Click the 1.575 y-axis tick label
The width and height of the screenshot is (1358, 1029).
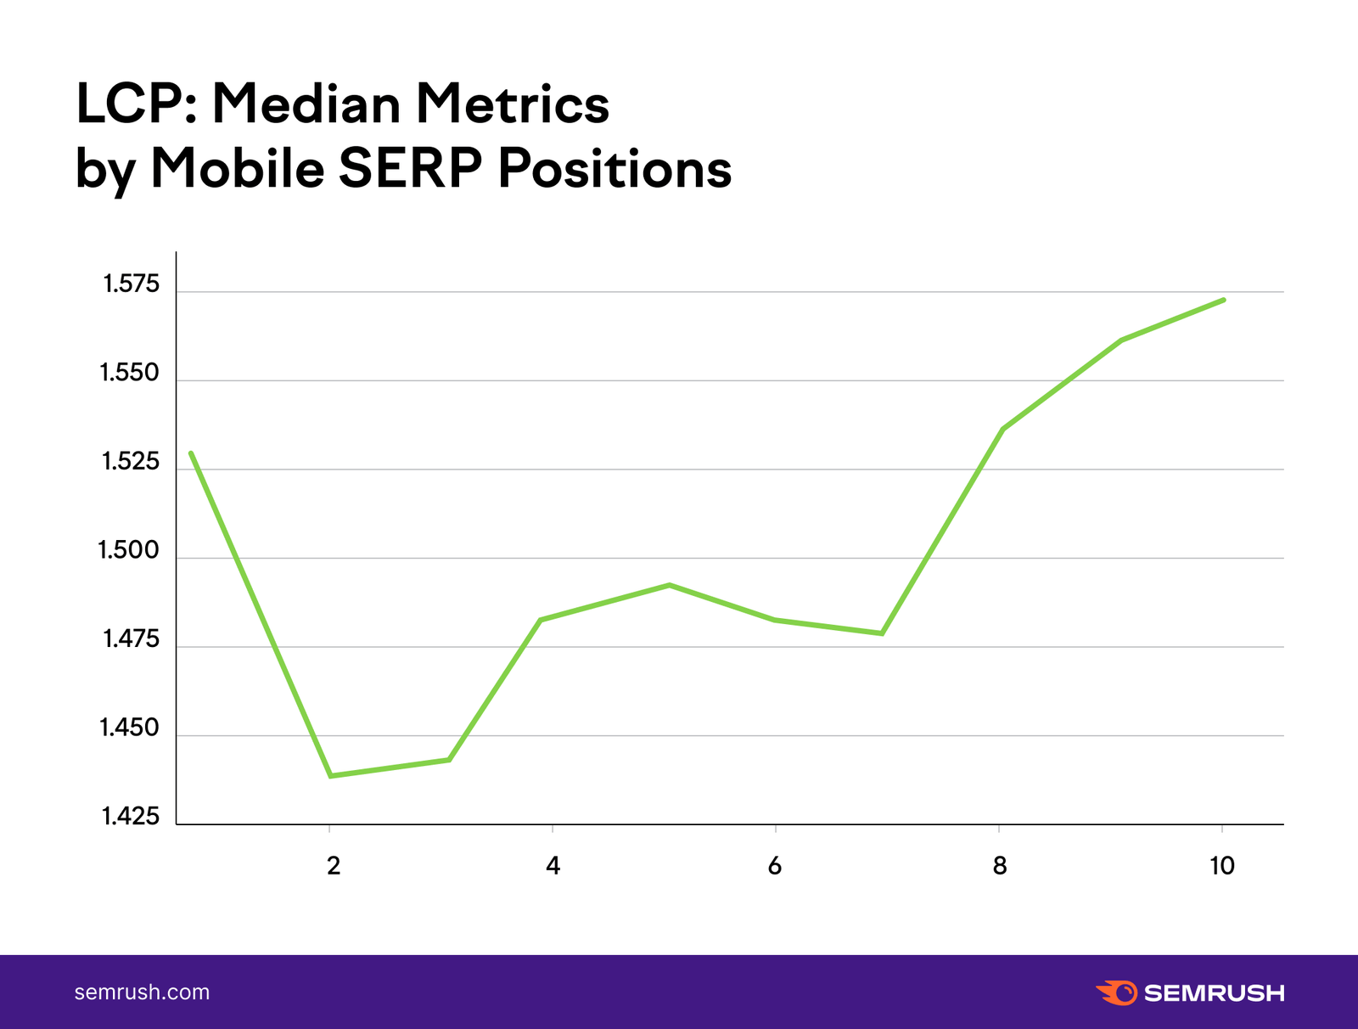coord(132,284)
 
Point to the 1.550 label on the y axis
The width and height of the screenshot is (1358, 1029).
coord(129,373)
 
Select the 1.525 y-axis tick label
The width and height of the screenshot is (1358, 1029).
coord(131,462)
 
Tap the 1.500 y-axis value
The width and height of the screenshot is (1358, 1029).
coord(129,550)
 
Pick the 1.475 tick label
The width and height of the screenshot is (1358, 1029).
coord(132,638)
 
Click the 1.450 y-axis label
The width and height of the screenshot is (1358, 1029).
coord(129,728)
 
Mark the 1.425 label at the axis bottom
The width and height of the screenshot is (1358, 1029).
coord(131,817)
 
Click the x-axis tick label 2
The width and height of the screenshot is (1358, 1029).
coord(334,866)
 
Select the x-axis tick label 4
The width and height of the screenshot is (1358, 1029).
coord(553,866)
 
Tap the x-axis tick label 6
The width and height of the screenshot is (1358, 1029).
coord(775,866)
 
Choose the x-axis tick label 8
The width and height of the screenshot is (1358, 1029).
coord(1000,866)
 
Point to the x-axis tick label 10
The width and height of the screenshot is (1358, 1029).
coord(1222,866)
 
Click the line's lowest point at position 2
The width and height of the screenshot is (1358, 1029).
coord(331,775)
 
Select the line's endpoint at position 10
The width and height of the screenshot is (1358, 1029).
coord(1224,300)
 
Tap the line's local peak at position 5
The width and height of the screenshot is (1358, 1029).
coord(670,585)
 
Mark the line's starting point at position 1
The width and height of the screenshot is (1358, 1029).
coord(191,453)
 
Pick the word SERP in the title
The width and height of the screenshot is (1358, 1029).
coord(410,168)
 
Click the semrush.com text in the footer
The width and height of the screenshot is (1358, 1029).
coord(142,992)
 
